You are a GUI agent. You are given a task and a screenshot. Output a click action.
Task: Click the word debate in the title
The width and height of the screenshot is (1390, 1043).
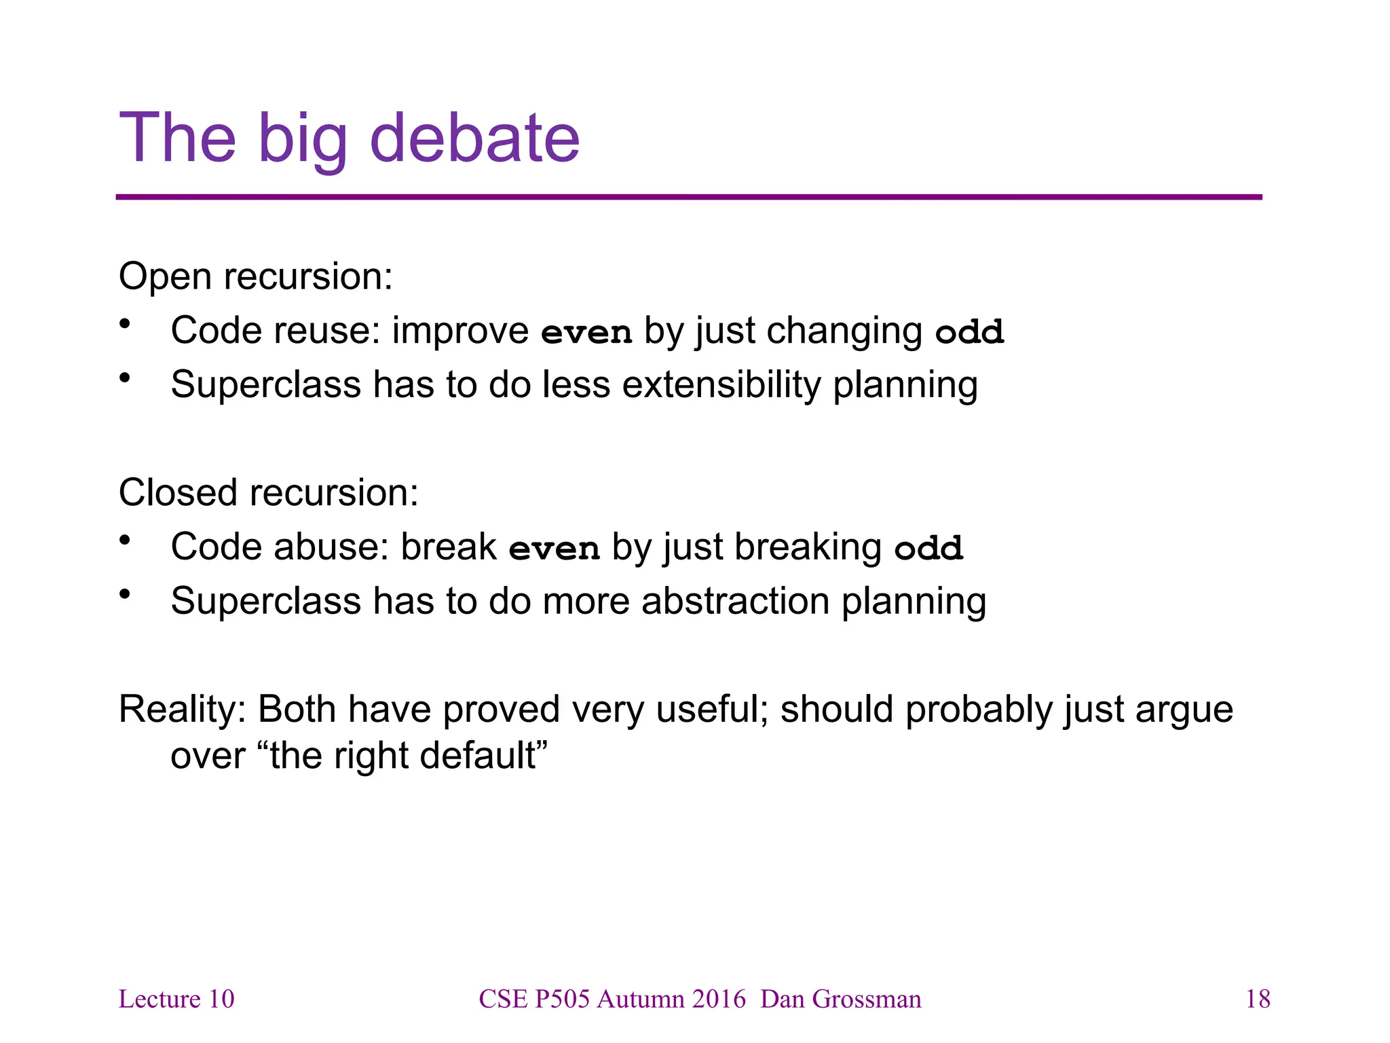click(474, 139)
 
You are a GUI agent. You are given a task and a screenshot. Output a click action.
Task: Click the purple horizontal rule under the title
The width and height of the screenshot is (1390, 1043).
click(688, 198)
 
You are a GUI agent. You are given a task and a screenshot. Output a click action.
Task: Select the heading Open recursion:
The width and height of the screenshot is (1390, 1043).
click(256, 277)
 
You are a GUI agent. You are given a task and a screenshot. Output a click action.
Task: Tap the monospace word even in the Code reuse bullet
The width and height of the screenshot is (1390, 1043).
click(586, 332)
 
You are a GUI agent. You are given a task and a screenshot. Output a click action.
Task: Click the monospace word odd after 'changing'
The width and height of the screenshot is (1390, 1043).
click(969, 332)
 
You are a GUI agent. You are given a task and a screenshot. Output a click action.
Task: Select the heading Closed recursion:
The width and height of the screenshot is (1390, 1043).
click(269, 493)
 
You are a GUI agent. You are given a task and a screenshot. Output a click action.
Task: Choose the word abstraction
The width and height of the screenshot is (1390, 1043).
click(736, 602)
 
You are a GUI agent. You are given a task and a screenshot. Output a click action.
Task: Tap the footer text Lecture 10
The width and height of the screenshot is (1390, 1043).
click(176, 1000)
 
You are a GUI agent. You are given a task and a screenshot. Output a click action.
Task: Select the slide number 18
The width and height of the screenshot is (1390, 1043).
click(1258, 1000)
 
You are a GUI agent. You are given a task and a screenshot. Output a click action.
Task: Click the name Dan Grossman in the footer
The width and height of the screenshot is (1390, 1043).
click(841, 1000)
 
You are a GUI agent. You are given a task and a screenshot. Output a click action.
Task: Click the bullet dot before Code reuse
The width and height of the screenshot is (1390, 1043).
click(124, 324)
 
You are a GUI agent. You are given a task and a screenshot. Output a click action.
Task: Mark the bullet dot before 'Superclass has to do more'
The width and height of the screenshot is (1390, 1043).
click(124, 595)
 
